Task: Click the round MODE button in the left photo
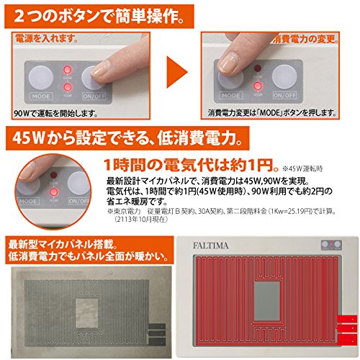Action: (41, 76)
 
